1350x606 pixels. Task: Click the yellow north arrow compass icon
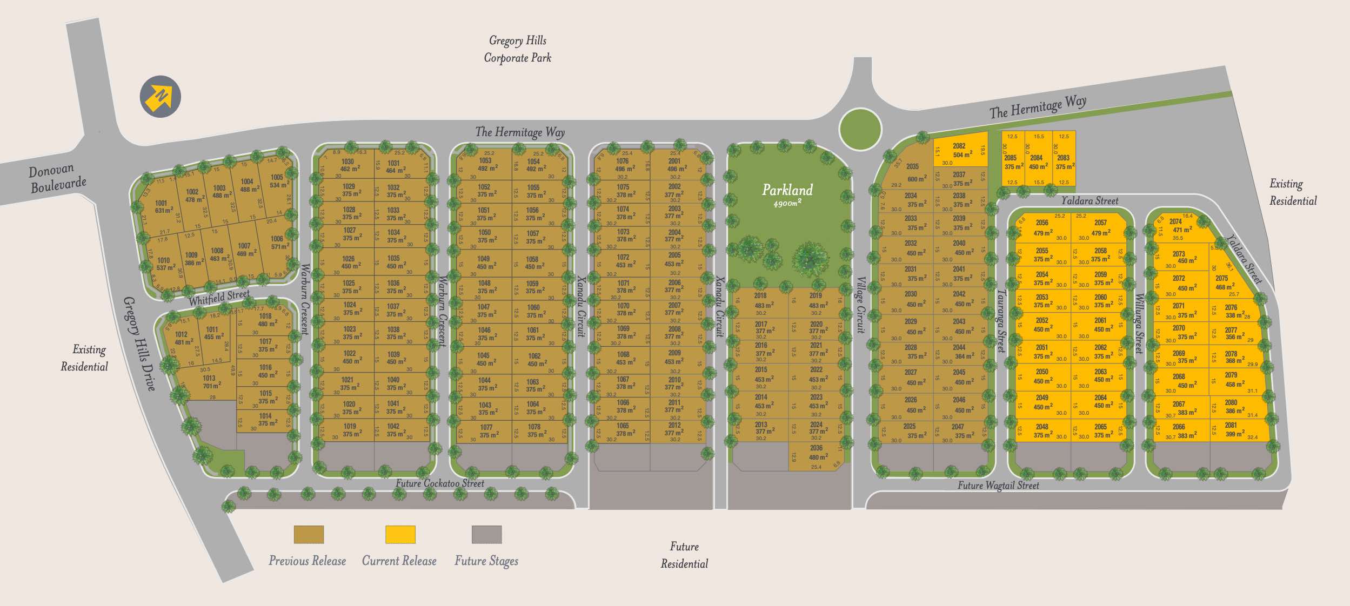[160, 97]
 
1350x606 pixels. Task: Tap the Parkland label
[787, 191]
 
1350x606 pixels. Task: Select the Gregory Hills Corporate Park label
[517, 49]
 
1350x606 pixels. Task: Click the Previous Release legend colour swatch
[309, 534]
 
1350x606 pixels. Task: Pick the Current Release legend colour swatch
[400, 534]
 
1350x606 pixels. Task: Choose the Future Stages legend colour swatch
[486, 534]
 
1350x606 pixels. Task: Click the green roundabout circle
[860, 129]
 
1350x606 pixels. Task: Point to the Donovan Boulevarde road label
[57, 179]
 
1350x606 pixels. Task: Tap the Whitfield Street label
[219, 297]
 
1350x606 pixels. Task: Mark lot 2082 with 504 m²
[960, 150]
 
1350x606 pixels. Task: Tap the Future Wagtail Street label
[998, 486]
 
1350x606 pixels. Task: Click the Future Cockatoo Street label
[439, 483]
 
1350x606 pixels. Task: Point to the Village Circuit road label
[861, 305]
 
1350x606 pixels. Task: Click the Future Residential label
[684, 555]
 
